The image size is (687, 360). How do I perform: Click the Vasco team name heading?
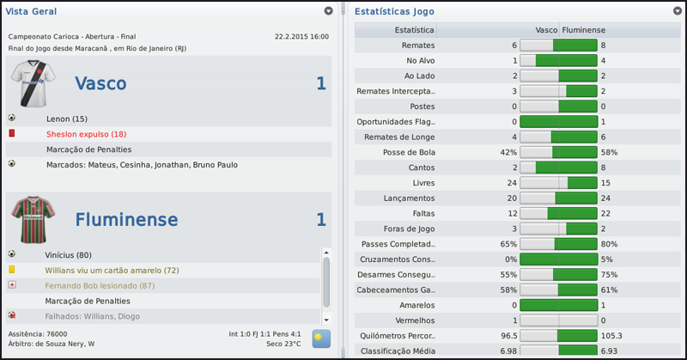[100, 83]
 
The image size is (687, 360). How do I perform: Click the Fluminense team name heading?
[125, 220]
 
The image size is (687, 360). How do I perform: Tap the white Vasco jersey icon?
[32, 83]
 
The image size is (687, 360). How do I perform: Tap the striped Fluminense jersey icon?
[32, 220]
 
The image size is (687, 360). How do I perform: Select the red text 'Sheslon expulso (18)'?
[86, 134]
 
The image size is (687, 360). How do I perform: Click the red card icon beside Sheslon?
[12, 134]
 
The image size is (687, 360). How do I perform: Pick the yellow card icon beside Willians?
[12, 270]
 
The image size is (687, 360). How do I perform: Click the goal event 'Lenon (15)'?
[67, 119]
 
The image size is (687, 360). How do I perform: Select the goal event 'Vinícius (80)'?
[69, 254]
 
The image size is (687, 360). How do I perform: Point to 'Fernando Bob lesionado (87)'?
[100, 285]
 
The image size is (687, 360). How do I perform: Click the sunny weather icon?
[321, 338]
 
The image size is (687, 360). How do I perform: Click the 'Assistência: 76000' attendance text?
[38, 333]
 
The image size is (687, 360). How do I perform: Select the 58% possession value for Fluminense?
[610, 152]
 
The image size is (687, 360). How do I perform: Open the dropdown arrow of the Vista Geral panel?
[328, 11]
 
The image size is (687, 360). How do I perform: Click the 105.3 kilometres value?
[612, 336]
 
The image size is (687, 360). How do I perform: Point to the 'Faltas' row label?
[422, 213]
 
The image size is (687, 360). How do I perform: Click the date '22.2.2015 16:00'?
[301, 37]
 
